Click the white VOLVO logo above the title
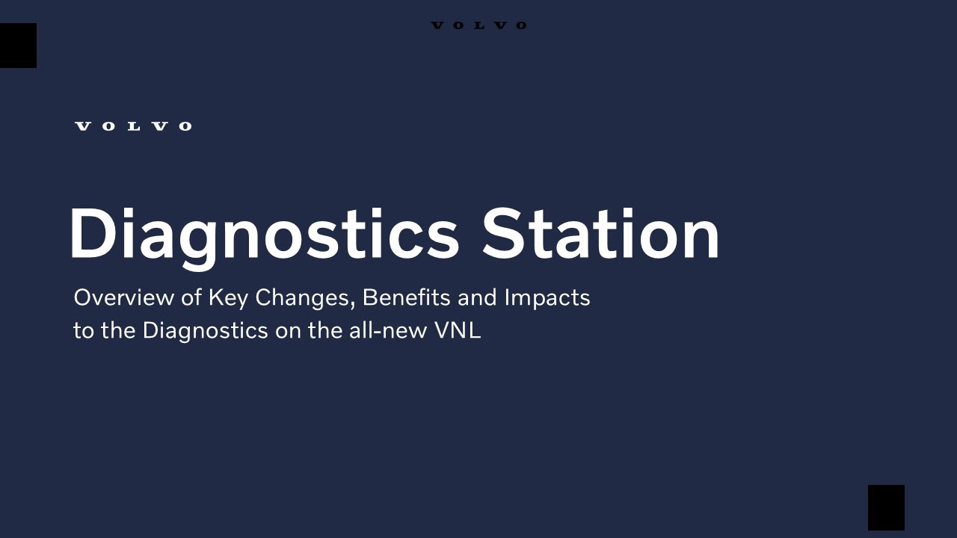click(133, 126)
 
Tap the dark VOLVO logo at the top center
click(478, 25)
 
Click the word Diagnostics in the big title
click(264, 235)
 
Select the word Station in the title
click(600, 235)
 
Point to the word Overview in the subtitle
click(124, 297)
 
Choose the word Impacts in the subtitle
click(547, 297)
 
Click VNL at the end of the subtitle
click(457, 330)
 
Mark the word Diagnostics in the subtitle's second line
click(205, 330)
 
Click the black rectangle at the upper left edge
click(18, 46)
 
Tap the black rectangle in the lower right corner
click(886, 507)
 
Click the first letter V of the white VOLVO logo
click(83, 126)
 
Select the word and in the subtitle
click(477, 297)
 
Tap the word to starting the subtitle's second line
click(84, 330)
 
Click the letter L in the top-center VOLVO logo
click(479, 25)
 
